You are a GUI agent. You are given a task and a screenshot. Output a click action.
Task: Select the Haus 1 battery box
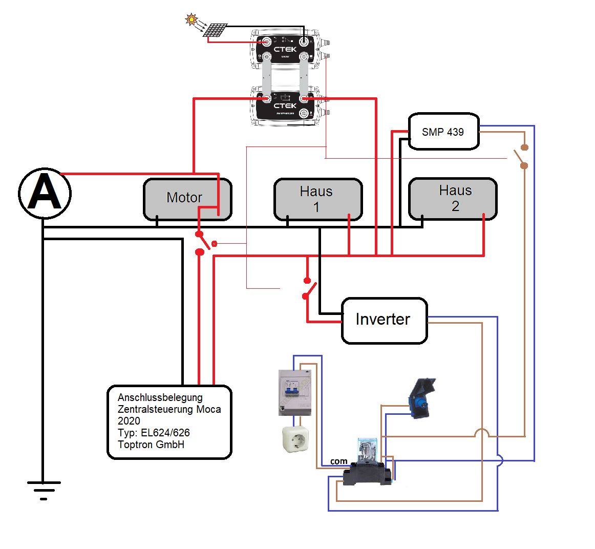tap(317, 199)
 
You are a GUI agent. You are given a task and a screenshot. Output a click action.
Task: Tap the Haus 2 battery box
tap(453, 199)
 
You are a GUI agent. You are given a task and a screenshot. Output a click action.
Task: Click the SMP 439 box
tap(443, 132)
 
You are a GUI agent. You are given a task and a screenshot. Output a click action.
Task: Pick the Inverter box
tap(384, 320)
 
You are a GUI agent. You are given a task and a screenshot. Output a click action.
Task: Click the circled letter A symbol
tap(45, 194)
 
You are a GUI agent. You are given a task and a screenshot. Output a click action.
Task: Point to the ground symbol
tap(44, 490)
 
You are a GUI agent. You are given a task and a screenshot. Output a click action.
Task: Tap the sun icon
tap(192, 20)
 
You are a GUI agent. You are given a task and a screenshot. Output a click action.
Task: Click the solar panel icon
tap(215, 30)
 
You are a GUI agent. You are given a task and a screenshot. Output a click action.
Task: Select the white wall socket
tap(295, 439)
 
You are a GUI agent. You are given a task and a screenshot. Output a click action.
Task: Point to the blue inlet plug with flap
tap(420, 398)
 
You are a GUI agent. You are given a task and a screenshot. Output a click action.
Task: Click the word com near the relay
tap(338, 461)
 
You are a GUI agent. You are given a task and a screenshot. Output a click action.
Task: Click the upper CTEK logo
tap(285, 50)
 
